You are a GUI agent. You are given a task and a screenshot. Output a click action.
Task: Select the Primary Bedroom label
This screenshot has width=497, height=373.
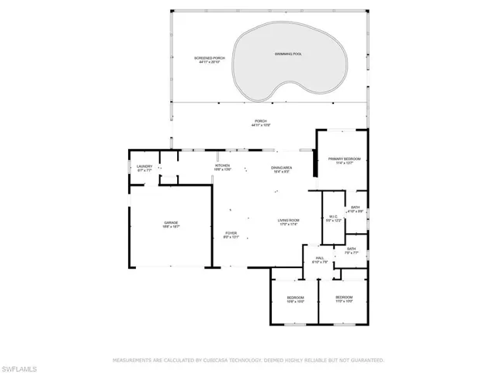click(344, 159)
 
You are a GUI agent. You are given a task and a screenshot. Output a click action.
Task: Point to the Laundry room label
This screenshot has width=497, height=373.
click(144, 166)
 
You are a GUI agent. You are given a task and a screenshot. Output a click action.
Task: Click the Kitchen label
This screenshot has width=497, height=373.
click(222, 166)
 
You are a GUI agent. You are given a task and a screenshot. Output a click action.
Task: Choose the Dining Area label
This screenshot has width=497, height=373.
click(281, 168)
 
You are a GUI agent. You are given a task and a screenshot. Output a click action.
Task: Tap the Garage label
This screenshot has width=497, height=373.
click(171, 223)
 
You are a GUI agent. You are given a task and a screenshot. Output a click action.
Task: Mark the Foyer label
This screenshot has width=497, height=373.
click(231, 233)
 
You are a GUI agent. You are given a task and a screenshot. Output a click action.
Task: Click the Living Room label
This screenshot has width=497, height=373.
click(289, 221)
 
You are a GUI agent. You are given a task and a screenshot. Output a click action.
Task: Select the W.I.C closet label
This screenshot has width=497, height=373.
click(332, 217)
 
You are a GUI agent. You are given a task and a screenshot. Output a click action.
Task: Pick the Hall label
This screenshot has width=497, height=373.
click(319, 258)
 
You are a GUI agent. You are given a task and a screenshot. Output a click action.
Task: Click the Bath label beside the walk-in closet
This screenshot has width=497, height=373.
click(355, 207)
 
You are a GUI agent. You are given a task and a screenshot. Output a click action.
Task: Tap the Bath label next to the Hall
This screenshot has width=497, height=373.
click(351, 249)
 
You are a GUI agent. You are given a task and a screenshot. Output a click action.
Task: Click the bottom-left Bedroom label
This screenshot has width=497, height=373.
click(295, 298)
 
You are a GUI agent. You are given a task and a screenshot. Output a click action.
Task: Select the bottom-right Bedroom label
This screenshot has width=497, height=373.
click(344, 297)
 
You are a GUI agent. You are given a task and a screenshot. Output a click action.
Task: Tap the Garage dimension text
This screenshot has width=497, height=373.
click(171, 227)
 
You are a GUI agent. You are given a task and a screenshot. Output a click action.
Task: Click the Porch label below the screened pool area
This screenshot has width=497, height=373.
click(260, 121)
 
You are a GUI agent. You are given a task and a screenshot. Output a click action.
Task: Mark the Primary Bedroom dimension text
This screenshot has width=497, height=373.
click(344, 163)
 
